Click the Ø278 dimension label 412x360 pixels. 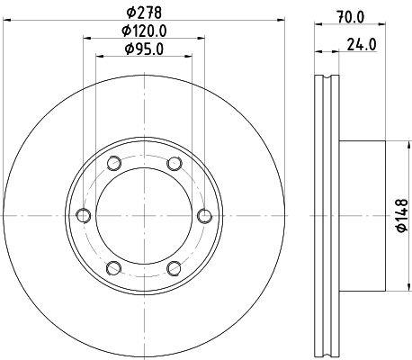pos(144,13)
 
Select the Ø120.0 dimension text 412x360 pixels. pos(144,31)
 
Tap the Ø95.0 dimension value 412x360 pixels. pos(144,49)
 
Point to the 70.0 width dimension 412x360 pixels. pos(350,17)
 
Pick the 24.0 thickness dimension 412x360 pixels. pos(362,45)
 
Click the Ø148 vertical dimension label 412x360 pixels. pos(402,215)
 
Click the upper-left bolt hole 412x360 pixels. pos(114,164)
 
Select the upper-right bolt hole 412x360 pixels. pos(175,164)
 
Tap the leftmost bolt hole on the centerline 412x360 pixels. pos(84,215)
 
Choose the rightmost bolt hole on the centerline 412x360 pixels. pos(205,216)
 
